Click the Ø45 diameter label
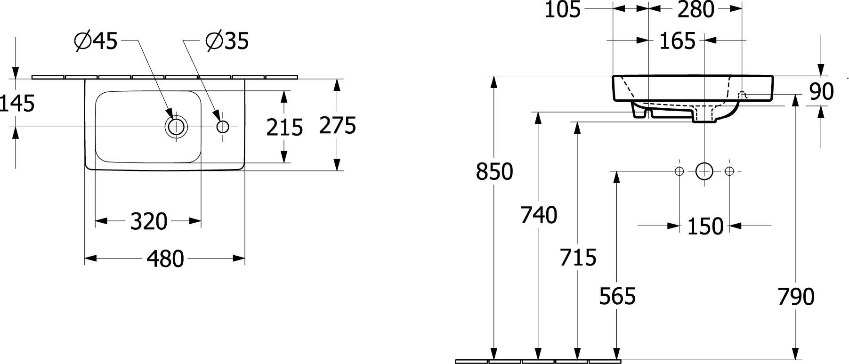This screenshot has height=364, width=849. coord(96,42)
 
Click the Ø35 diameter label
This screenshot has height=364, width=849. coord(227,42)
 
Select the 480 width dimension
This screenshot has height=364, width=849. coord(165,259)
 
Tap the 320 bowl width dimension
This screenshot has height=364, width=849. coord(149,221)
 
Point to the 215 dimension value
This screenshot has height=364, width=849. coord(284,127)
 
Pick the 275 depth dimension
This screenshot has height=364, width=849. coord(338,125)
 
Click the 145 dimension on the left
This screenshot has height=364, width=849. coord(17,103)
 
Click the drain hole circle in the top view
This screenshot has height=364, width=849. coord(176,127)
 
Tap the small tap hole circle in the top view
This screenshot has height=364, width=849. coord(223,127)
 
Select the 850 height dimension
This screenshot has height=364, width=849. coord(494,171)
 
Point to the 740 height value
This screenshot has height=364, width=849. coord(539,215)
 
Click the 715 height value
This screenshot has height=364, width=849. coord(578,257)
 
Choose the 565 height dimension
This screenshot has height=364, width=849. coord(617,296)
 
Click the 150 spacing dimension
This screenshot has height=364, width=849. coord(705,226)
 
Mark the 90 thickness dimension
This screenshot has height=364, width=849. coord(822,91)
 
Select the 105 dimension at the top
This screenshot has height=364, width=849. coord(563,9)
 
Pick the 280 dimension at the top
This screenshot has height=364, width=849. coord(696,9)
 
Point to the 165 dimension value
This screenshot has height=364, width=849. coord(677,41)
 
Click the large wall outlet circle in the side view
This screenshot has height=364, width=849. coord(704,171)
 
